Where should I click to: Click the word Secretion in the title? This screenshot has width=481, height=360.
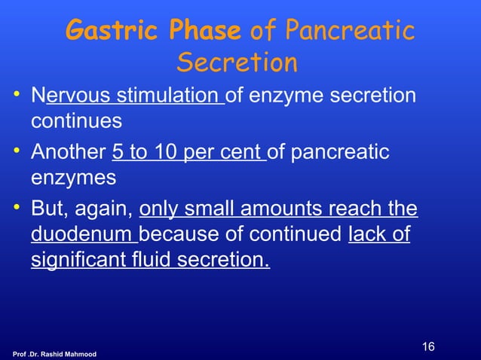237,63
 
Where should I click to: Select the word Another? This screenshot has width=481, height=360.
67,154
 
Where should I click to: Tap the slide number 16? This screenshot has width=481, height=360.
429,347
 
